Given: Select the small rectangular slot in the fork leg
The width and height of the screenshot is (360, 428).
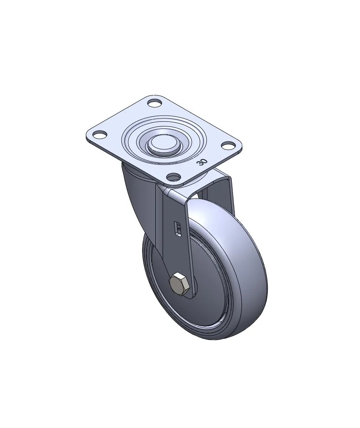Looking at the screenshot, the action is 177,228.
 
